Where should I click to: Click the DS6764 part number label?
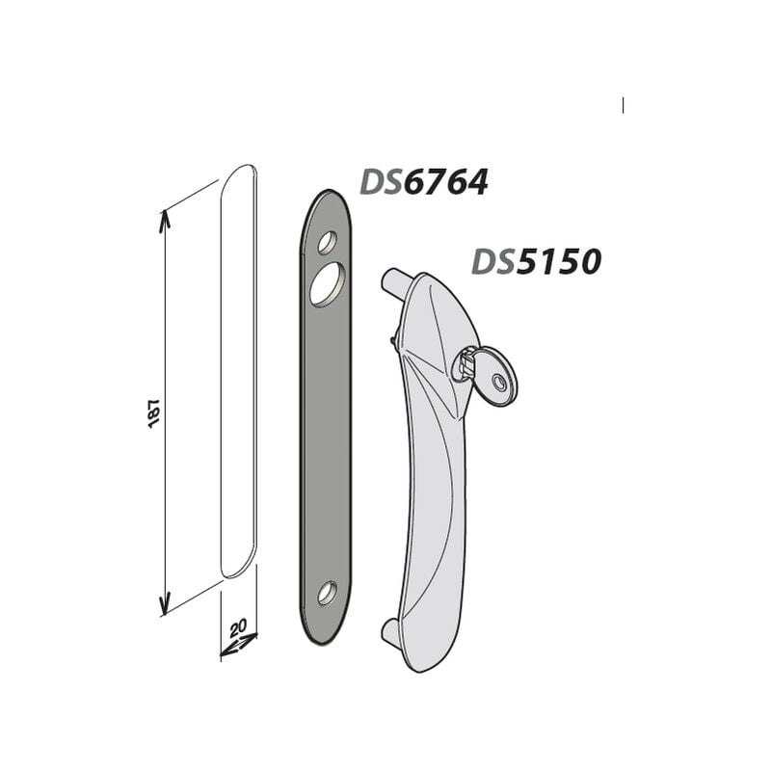pos(424,182)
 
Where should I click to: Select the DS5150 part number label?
pos(537,261)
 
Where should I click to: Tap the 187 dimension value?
pos(154,412)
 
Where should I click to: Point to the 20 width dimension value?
pos(238,628)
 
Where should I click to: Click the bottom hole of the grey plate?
pos(327,593)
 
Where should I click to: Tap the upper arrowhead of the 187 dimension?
pos(165,220)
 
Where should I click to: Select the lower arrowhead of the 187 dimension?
pos(165,604)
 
